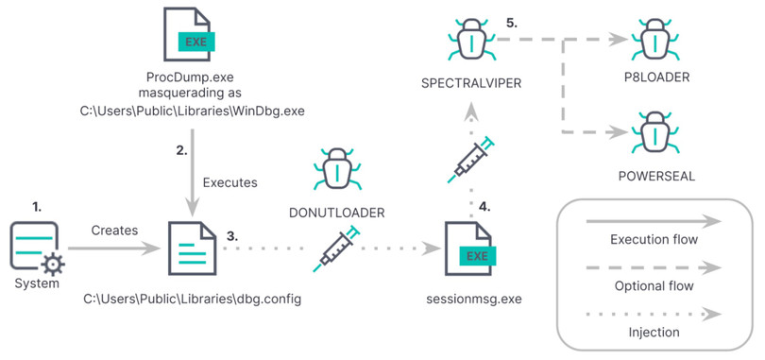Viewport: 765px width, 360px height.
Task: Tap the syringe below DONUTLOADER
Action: click(x=337, y=248)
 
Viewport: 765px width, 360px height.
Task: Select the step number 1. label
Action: click(x=38, y=205)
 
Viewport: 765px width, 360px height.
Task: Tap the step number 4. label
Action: click(x=486, y=204)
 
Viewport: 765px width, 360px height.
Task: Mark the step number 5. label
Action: click(x=511, y=22)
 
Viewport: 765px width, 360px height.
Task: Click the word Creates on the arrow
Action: click(x=114, y=230)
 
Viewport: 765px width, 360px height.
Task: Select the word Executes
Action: click(x=229, y=181)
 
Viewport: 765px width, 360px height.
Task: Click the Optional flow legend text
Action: click(x=654, y=285)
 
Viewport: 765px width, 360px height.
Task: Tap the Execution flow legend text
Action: click(x=654, y=240)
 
